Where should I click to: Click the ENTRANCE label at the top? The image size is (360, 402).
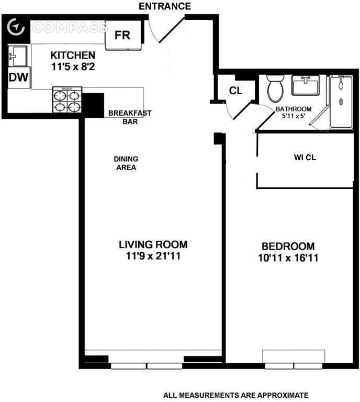tap(165, 6)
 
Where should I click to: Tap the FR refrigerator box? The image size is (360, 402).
tap(122, 36)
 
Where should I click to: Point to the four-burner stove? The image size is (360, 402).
tap(67, 100)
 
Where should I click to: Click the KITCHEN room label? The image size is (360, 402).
tap(73, 55)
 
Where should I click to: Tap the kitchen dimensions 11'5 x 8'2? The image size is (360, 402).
tap(73, 66)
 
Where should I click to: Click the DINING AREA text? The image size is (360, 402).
tap(126, 163)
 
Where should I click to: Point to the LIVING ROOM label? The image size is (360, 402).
tap(153, 244)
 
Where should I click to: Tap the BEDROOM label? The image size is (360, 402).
tap(288, 247)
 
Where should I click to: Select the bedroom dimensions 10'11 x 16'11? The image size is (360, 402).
tap(288, 258)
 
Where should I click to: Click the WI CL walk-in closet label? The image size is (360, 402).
tap(305, 157)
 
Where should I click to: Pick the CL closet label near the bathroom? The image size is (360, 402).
tap(236, 91)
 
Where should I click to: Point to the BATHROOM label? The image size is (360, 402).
tap(294, 109)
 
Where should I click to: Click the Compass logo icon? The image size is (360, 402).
tap(16, 27)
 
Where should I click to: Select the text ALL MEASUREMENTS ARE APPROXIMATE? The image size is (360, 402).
tap(235, 395)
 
